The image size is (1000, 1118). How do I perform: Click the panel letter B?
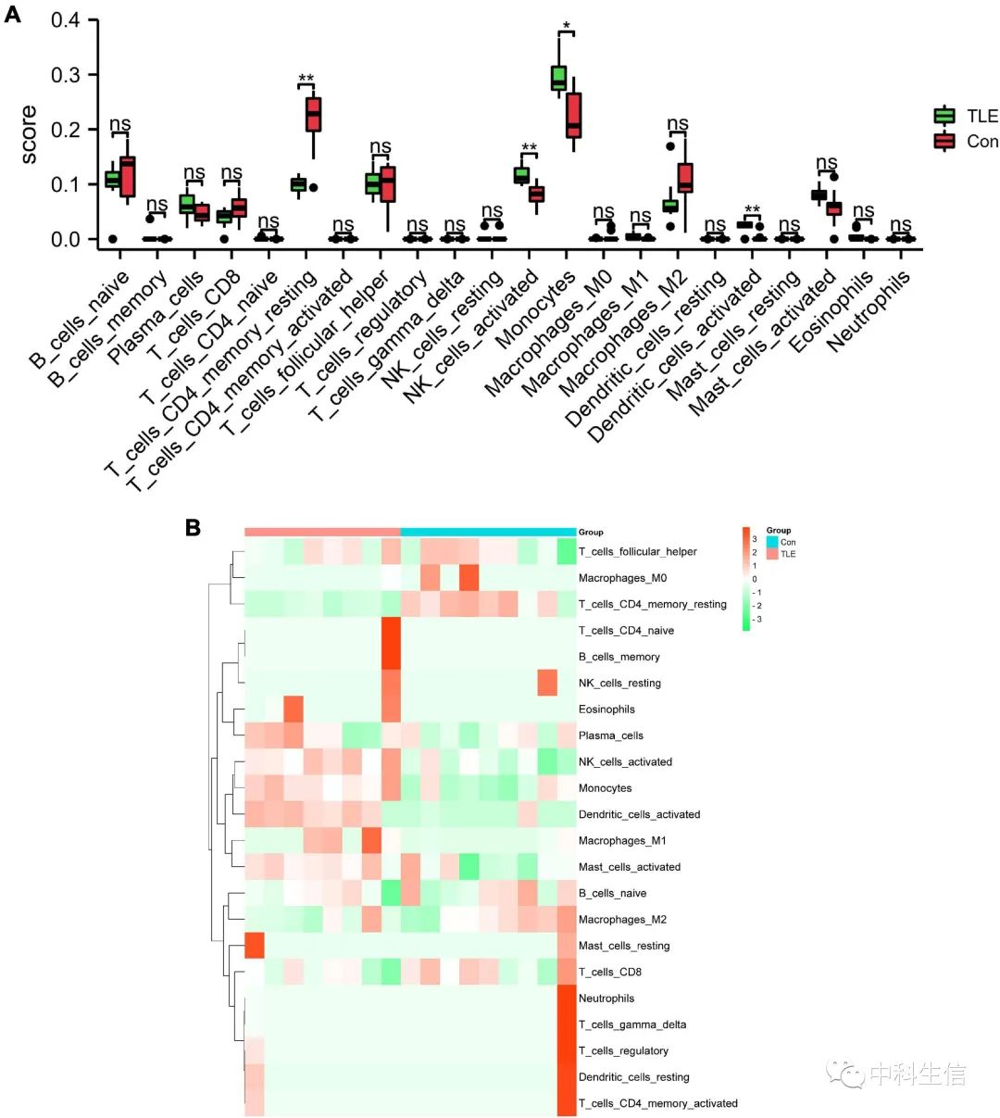pos(193,527)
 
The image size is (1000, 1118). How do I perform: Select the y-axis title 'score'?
pos(29,134)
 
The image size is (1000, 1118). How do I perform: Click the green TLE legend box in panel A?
pos(944,116)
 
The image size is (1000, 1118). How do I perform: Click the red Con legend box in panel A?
pos(944,141)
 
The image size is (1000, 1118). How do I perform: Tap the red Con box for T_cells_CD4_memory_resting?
pos(313,114)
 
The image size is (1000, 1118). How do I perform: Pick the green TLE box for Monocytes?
pos(558,78)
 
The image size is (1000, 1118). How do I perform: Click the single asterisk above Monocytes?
pos(566,25)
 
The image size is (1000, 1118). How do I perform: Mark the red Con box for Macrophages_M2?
pos(685,177)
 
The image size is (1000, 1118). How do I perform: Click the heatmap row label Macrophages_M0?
pos(622,578)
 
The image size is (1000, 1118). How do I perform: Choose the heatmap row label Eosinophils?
pos(606,710)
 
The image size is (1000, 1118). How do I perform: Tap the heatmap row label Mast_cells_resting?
pos(624,946)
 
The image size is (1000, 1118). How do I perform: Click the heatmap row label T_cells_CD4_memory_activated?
pos(657,1103)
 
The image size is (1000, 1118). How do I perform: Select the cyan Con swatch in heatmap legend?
pos(772,542)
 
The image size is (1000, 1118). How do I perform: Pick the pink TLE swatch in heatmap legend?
pos(772,554)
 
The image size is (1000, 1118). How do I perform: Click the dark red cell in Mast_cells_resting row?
pos(255,946)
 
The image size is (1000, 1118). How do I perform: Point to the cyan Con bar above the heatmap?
pos(488,532)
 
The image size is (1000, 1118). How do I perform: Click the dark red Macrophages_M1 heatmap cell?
pos(371,841)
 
